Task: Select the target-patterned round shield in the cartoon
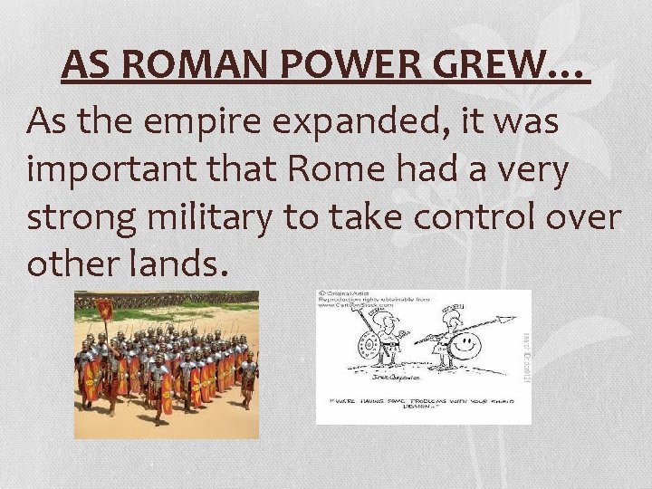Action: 369,346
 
